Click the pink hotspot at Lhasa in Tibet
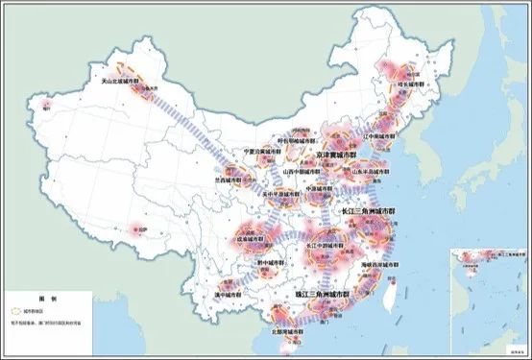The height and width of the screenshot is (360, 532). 132,230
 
